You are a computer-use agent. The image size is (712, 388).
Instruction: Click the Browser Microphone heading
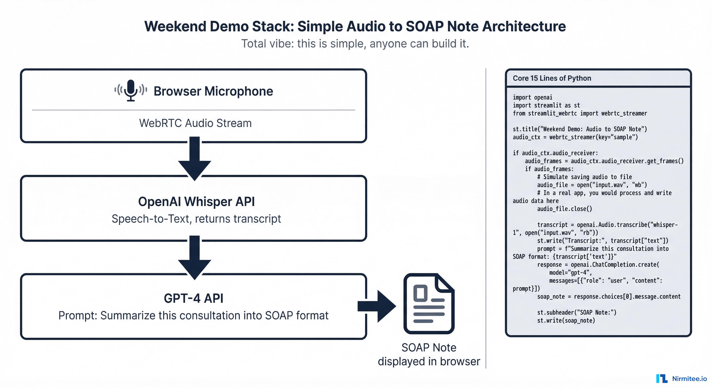tap(213, 91)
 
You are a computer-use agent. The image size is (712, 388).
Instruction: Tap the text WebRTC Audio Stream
tap(195, 123)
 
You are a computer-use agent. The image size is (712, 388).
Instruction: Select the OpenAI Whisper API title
tap(196, 202)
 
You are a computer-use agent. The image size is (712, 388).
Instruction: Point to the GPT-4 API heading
tap(193, 298)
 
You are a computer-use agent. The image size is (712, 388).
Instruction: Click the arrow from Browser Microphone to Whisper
tap(195, 159)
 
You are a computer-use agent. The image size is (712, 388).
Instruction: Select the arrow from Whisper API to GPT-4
tap(195, 257)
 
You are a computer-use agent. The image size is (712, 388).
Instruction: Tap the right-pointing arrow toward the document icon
tap(377, 306)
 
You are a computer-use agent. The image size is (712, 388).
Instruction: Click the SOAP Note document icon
tap(429, 304)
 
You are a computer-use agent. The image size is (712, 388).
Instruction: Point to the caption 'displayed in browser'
tap(429, 361)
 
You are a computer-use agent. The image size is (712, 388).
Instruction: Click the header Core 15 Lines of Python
tap(552, 78)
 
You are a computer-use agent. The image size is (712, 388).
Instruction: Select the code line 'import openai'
tap(532, 97)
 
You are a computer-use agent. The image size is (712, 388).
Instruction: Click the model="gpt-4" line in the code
tap(570, 273)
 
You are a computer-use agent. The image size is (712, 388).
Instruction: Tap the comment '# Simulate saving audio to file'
tap(584, 177)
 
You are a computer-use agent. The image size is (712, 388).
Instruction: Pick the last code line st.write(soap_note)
tap(566, 320)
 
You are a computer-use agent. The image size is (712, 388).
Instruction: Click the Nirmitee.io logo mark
tap(662, 379)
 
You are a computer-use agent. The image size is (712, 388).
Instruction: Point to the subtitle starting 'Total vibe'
tap(355, 44)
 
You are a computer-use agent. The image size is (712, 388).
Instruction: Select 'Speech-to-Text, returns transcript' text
tap(196, 219)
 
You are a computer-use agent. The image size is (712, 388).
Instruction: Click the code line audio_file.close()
tap(564, 209)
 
